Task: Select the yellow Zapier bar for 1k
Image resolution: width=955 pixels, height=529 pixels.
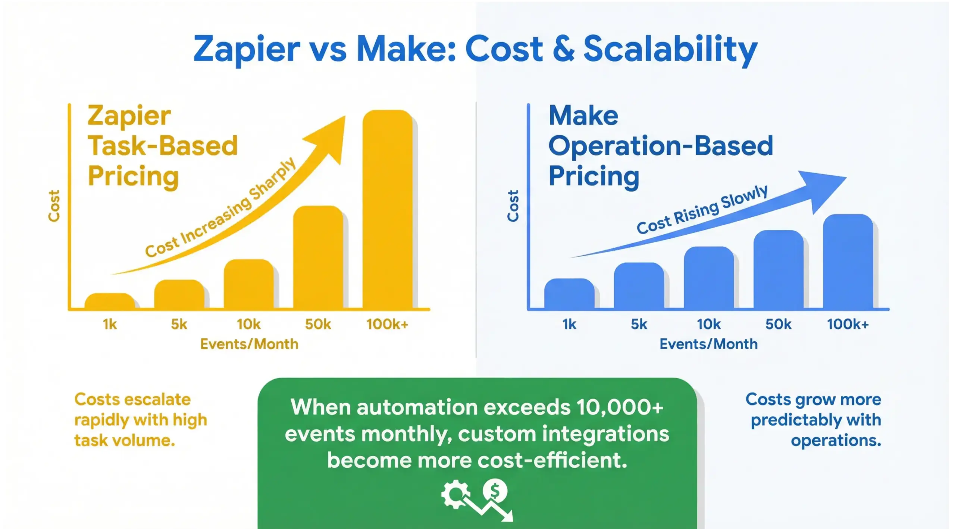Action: click(x=110, y=301)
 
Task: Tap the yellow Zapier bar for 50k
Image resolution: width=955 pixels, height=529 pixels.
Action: click(x=318, y=257)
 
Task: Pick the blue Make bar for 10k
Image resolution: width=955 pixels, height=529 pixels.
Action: click(x=708, y=278)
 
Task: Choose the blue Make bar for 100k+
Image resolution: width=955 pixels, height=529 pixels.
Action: click(x=848, y=261)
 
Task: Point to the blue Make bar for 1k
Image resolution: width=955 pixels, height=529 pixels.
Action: click(x=569, y=294)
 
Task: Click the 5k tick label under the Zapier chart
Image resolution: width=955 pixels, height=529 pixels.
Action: click(x=179, y=325)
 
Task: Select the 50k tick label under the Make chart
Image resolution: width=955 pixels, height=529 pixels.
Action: click(x=778, y=325)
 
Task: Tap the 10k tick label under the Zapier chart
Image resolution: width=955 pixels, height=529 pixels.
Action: click(x=248, y=325)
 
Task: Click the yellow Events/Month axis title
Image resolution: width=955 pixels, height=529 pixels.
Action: click(x=249, y=344)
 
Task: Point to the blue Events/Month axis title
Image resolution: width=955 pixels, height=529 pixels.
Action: click(x=708, y=344)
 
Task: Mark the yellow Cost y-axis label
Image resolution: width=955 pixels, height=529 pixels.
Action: click(x=54, y=206)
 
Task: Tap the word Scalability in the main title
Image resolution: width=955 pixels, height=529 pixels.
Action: click(x=670, y=50)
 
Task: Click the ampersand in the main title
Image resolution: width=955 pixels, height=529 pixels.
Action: click(x=563, y=49)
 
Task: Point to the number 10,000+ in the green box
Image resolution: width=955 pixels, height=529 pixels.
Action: click(x=620, y=407)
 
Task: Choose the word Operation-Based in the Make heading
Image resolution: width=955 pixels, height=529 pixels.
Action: click(x=660, y=146)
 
